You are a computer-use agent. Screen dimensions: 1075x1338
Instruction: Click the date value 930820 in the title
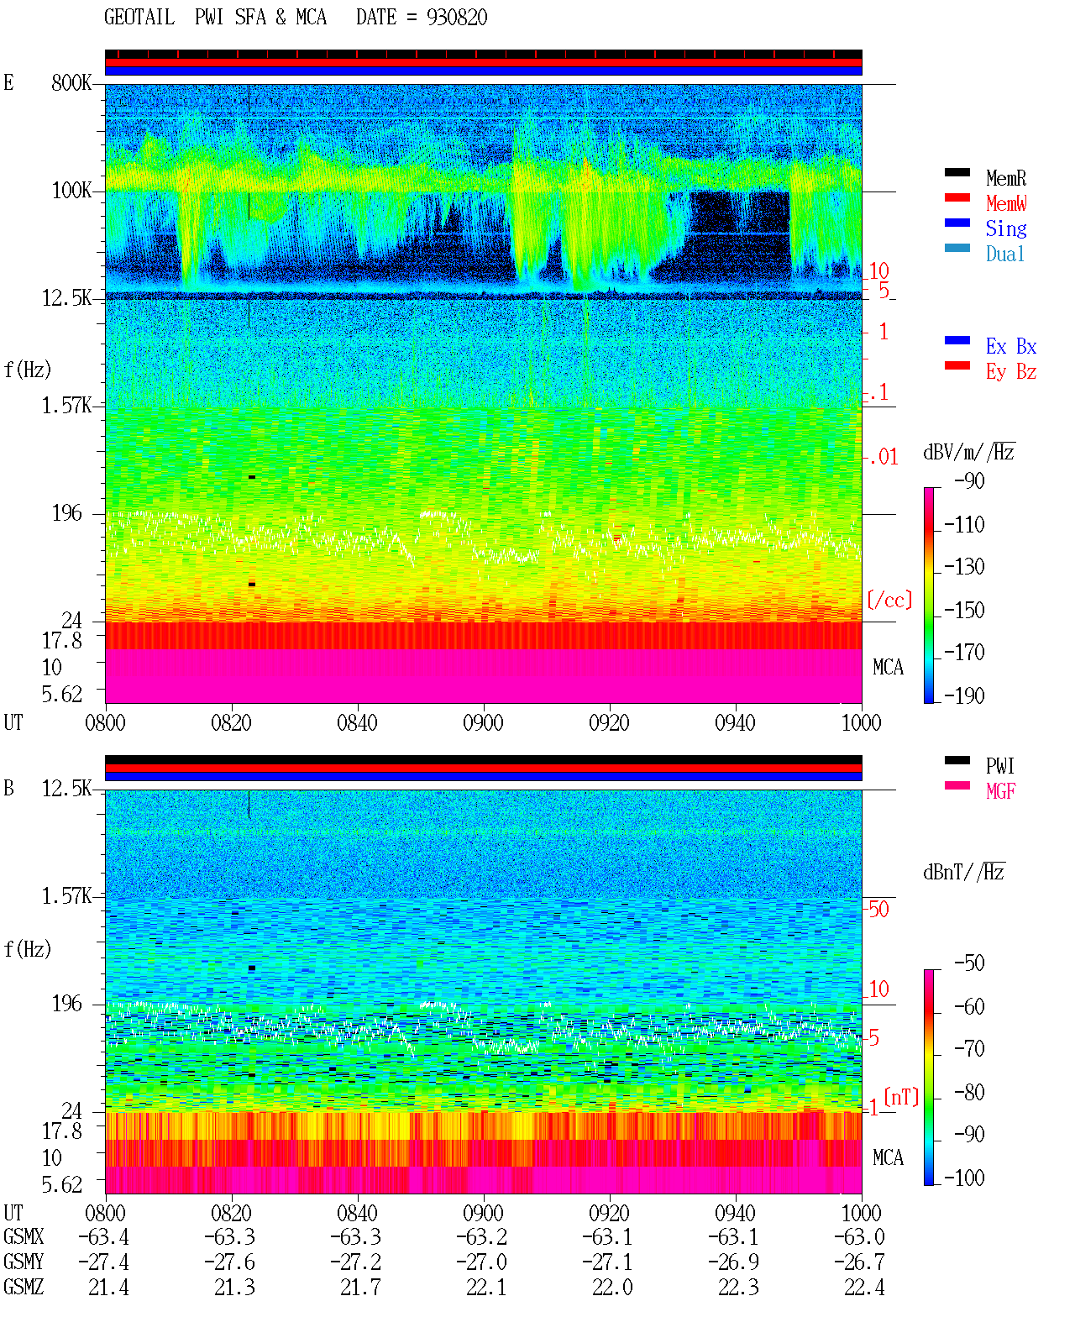456,18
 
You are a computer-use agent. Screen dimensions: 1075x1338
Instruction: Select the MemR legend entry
1005,178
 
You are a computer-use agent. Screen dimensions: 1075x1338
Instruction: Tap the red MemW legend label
1006,203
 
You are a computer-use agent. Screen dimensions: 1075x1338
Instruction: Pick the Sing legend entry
1005,228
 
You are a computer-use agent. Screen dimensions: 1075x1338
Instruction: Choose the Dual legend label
1004,254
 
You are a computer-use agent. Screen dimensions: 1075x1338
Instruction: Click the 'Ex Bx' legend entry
1010,346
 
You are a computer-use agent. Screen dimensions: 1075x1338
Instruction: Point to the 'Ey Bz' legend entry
1010,372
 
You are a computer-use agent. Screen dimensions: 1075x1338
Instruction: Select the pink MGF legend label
1000,791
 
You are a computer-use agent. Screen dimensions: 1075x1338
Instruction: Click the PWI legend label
999,766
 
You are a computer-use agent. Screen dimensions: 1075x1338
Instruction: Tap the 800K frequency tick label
71,82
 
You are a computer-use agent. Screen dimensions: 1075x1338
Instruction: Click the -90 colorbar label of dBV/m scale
969,480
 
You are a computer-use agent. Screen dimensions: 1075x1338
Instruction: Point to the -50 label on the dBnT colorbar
969,963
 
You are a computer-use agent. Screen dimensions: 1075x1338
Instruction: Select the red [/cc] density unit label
889,600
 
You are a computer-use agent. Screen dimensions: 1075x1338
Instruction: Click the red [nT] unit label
901,1097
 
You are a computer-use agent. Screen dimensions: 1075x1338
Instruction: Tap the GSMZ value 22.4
863,1287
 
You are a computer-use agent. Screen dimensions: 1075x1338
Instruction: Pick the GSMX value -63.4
103,1237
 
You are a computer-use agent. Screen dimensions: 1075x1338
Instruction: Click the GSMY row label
24,1262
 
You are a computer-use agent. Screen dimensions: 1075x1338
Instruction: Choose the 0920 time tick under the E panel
610,723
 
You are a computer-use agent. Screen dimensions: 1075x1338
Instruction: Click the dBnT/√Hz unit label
963,873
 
